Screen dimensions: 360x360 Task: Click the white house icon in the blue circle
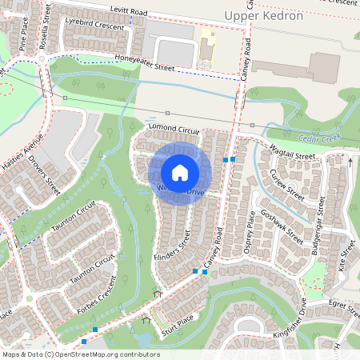(180, 172)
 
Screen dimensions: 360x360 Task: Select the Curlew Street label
(287, 184)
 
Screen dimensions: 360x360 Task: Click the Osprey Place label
(249, 233)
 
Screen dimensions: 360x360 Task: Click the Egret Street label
(345, 305)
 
